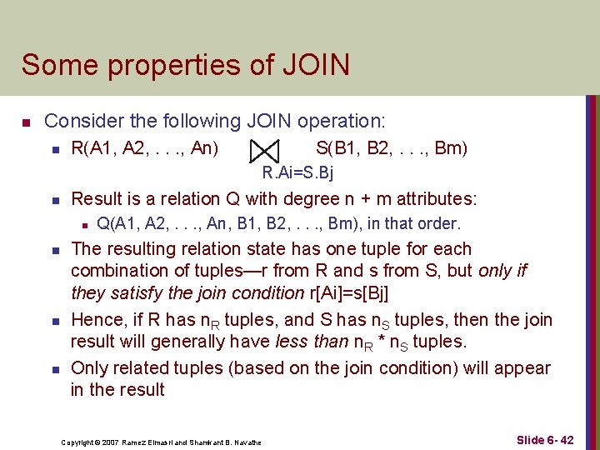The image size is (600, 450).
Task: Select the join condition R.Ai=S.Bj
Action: coord(297,173)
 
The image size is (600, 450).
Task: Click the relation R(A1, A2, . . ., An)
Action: coord(145,149)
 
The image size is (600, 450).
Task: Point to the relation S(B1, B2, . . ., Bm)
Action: coord(392,149)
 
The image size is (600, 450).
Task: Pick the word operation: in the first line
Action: coord(339,121)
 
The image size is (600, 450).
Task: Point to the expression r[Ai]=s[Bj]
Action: coord(354,292)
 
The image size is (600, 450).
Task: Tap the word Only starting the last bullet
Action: coord(89,368)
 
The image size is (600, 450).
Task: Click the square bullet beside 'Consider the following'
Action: coord(27,122)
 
